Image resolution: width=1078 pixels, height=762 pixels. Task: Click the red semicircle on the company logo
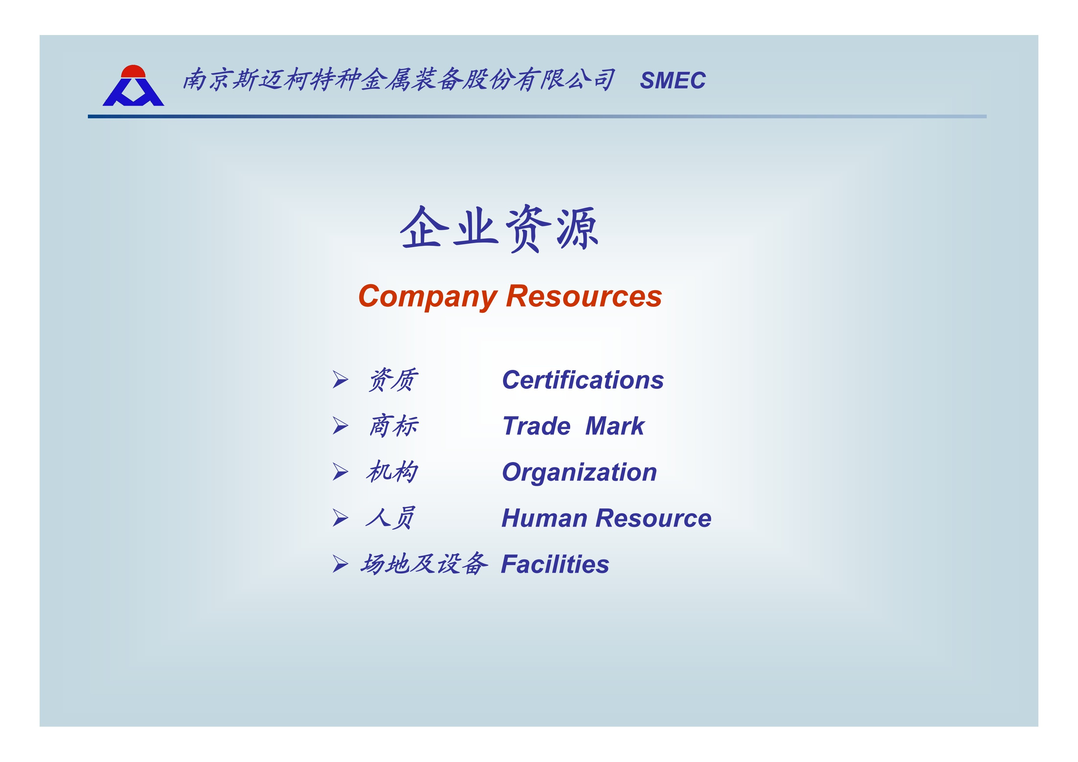pyautogui.click(x=133, y=71)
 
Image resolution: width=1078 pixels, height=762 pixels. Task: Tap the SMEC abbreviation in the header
pyautogui.click(x=673, y=80)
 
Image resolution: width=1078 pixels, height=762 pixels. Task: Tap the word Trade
pyautogui.click(x=537, y=426)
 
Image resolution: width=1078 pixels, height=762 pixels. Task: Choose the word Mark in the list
pyautogui.click(x=615, y=426)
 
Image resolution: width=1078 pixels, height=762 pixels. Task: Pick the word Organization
pyautogui.click(x=579, y=472)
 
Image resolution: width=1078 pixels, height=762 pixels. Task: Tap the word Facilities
pyautogui.click(x=555, y=564)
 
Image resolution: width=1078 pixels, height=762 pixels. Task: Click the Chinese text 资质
pyautogui.click(x=392, y=380)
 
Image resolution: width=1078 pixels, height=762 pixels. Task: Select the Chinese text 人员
pyautogui.click(x=390, y=518)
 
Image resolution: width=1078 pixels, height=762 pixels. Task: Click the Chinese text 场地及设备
pyautogui.click(x=424, y=564)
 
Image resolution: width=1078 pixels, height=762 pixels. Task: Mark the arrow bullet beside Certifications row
pyautogui.click(x=340, y=379)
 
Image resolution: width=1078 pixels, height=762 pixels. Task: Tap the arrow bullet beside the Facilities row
pyautogui.click(x=340, y=564)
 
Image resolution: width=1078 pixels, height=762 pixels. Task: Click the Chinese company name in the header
pyautogui.click(x=399, y=79)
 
